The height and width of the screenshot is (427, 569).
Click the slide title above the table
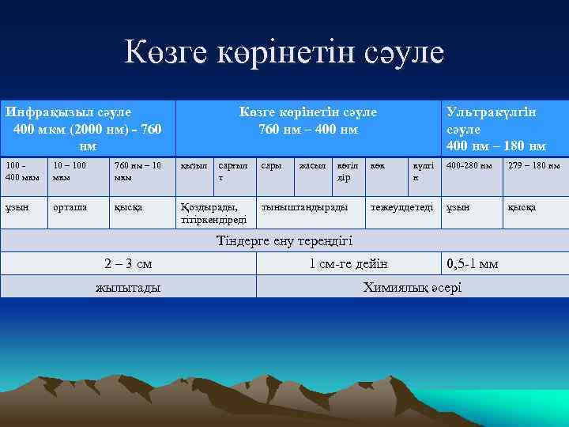tap(284, 54)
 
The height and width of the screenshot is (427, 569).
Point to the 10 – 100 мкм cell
tap(73, 171)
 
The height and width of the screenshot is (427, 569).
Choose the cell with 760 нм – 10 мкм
tap(138, 171)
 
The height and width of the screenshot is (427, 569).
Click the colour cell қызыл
tap(194, 166)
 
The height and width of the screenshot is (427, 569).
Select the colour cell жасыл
tap(311, 166)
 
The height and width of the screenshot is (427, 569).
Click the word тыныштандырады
tap(304, 207)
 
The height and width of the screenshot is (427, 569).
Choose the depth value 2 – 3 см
tap(128, 263)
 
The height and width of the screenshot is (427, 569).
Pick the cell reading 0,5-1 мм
tap(473, 263)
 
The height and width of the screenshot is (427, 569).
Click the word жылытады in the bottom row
tap(128, 287)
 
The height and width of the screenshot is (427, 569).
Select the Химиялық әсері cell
tap(412, 287)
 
